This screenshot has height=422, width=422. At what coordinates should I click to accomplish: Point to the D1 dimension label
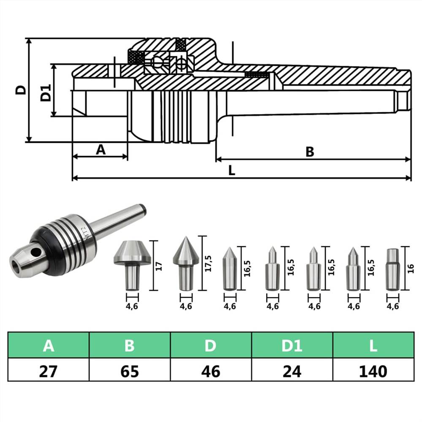tap(46, 92)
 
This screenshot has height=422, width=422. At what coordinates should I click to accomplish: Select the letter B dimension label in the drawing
tap(310, 152)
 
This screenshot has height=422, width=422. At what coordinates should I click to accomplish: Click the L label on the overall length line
tap(232, 171)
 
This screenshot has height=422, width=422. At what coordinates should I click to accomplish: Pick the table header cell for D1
tap(292, 346)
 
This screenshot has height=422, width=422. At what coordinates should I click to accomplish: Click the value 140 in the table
tap(373, 371)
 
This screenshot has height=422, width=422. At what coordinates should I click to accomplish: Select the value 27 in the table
tap(49, 371)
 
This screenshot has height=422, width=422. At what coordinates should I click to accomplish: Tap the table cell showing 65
tap(130, 371)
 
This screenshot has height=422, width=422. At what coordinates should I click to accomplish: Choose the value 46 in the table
tap(211, 371)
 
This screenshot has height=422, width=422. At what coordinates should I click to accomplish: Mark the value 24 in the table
tap(292, 371)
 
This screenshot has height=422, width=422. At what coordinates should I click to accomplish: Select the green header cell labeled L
tap(373, 346)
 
